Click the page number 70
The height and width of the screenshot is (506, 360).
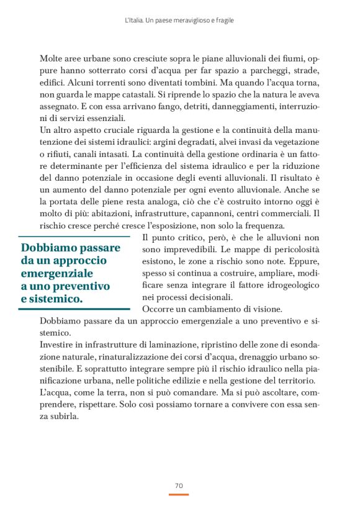pos(179,485)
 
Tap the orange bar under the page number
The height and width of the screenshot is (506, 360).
pos(179,494)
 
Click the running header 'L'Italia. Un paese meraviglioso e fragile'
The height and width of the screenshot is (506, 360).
pos(179,20)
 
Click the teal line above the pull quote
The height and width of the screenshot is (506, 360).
pos(74,237)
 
